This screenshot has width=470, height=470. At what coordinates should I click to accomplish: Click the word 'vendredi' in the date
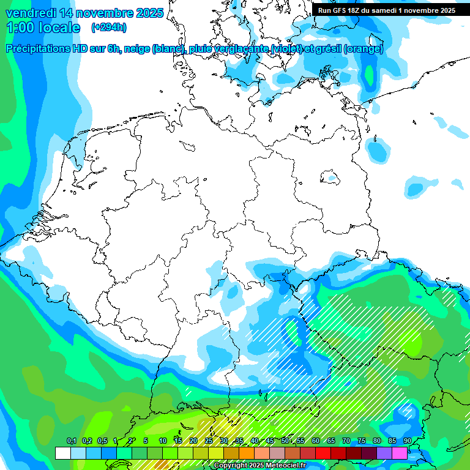[x=30, y=13]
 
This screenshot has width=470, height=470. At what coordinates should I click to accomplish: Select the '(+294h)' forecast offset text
[x=109, y=28]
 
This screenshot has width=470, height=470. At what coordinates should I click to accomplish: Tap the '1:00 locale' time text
[x=43, y=28]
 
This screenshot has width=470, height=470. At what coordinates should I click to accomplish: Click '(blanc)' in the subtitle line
[x=167, y=49]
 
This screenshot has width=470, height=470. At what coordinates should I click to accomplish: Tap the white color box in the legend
[x=62, y=453]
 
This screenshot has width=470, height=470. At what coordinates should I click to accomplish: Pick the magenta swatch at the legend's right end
[x=400, y=453]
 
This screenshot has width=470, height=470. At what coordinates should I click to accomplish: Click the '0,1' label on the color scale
[x=71, y=441]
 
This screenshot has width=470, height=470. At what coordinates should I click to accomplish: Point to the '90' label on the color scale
[x=407, y=441]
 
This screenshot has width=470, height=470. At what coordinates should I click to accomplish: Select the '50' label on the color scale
[x=285, y=441]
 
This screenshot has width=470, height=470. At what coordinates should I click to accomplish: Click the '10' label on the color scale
[x=163, y=441]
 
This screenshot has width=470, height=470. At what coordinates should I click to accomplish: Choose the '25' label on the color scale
[x=209, y=441]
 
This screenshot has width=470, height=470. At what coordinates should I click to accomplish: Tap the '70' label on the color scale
[x=346, y=441]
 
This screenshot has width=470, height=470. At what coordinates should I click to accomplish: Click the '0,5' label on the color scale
[x=102, y=441]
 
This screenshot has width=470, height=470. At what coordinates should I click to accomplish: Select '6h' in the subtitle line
[x=114, y=49]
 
